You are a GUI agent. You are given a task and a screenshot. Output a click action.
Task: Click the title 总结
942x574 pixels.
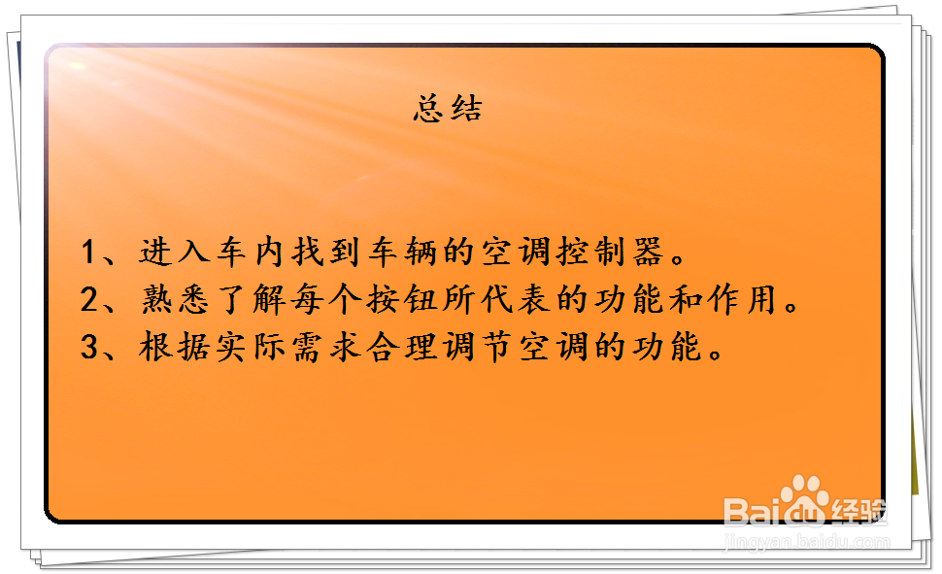448,109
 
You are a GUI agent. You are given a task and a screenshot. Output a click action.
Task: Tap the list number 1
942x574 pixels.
88,252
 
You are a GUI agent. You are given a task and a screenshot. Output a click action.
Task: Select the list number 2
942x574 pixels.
89,299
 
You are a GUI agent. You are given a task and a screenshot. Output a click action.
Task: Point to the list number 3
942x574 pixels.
89,347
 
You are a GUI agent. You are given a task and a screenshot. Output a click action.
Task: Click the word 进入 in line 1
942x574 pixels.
175,252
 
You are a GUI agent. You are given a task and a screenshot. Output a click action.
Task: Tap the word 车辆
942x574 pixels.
402,252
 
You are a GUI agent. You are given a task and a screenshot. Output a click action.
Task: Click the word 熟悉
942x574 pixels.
175,299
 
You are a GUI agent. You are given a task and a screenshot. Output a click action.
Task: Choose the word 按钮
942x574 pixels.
401,299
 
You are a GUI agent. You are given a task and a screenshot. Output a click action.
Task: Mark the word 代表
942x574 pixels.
516,299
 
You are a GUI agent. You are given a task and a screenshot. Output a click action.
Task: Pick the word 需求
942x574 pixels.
326,347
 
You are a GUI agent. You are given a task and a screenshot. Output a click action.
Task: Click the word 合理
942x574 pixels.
402,347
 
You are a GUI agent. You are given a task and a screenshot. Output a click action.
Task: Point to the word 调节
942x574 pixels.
478,347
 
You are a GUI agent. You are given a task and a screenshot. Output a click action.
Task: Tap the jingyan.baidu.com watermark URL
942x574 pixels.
807,541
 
